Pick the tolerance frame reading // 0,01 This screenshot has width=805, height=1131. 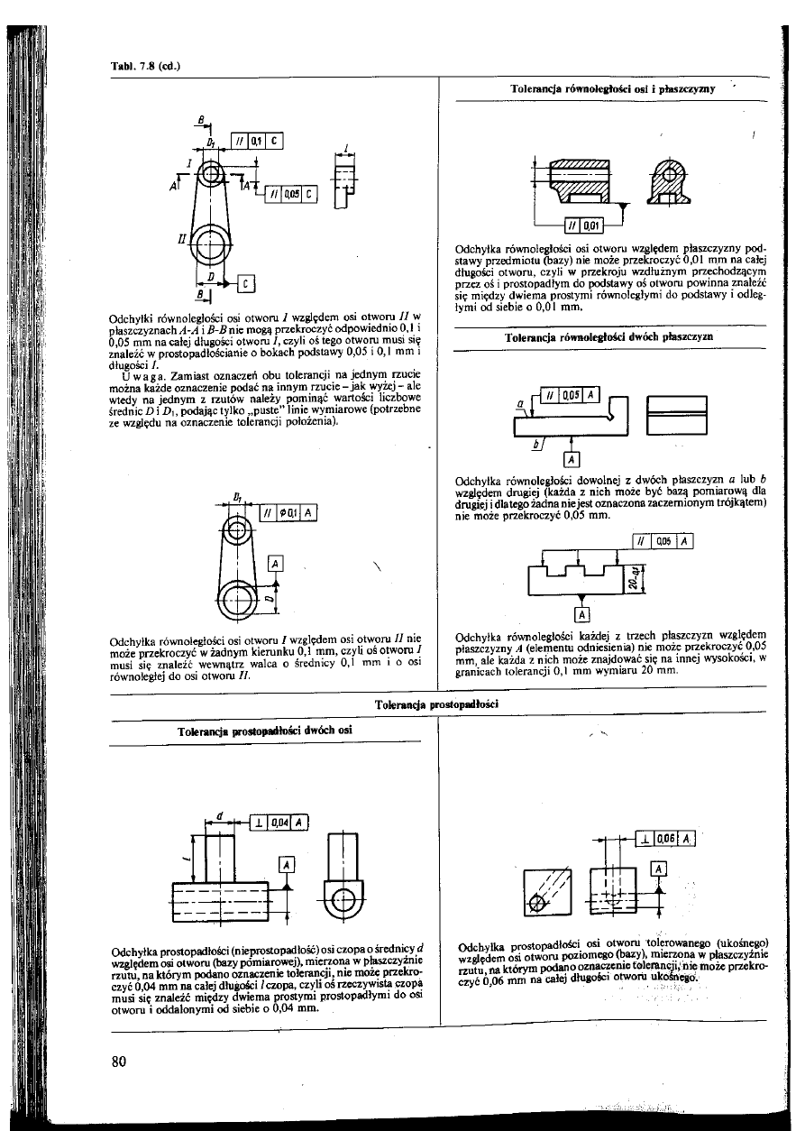[583, 225]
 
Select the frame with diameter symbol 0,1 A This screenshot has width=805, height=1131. [288, 514]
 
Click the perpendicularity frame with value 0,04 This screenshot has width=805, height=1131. [279, 821]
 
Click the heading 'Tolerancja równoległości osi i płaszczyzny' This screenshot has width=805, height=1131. [613, 90]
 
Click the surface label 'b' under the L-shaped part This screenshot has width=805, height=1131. [535, 443]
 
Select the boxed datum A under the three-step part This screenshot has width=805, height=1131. [581, 617]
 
